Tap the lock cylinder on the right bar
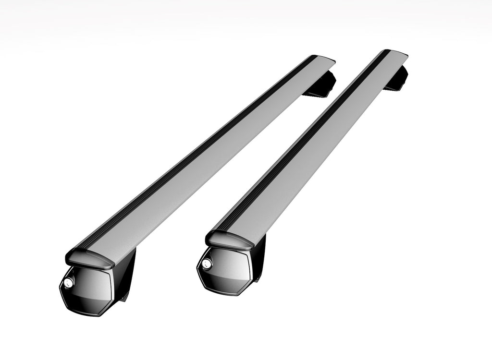tap(207, 263)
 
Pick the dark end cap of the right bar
tap(230, 240)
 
